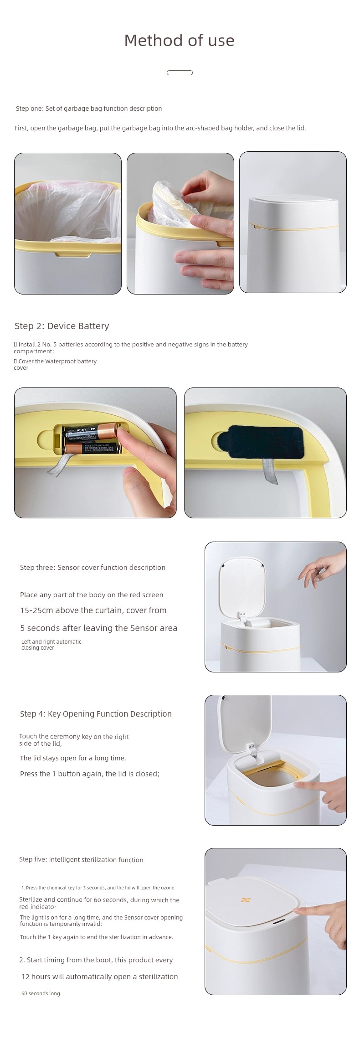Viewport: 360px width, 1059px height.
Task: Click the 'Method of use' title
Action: point(179,41)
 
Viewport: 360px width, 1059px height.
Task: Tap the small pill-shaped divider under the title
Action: point(180,72)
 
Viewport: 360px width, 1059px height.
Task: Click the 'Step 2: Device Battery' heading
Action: point(62,326)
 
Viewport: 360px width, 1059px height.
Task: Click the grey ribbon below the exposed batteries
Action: point(57,465)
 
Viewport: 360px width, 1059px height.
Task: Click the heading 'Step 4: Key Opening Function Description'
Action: point(96,714)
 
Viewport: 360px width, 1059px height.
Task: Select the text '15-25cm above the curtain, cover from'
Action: point(93,610)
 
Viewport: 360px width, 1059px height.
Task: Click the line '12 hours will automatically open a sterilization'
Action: point(100,976)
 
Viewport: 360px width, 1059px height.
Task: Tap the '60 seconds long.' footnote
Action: point(41,993)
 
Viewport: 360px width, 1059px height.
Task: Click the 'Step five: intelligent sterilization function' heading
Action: point(81,860)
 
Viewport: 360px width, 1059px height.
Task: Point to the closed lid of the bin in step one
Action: point(293,202)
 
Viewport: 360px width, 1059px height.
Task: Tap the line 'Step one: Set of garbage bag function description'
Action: point(89,108)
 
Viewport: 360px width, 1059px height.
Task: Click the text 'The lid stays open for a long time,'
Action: point(73,758)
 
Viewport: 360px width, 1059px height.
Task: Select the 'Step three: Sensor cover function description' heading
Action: point(93,568)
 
